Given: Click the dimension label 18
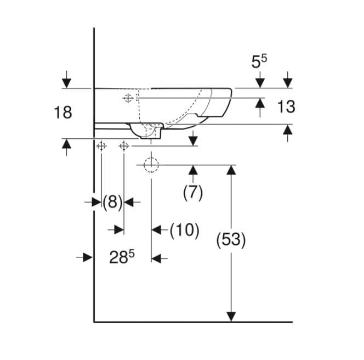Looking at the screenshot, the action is pos(63,113).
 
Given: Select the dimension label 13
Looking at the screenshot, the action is pos(286,106).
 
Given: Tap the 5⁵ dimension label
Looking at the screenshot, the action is pos(259,61).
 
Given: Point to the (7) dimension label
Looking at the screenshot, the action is pos(193,193).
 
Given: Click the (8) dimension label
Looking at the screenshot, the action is pos(112,202).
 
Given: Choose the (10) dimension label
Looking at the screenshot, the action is pos(185,230).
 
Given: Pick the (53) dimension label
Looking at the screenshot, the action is pos(231,240).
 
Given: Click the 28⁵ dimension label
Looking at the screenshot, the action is pos(122,257).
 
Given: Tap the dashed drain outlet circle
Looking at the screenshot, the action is pos(151,165).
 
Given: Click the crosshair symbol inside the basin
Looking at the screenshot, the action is pos(128,98).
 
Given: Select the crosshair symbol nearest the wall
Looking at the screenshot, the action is pos(101,146).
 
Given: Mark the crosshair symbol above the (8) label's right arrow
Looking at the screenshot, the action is pos(124,146).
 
